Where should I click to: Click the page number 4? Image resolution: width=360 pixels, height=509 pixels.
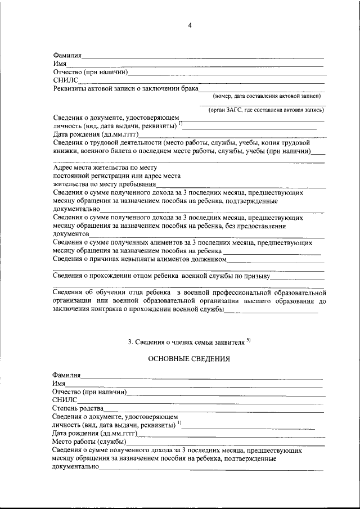click(190, 25)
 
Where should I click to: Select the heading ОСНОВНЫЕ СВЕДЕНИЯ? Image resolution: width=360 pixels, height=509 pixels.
click(189, 358)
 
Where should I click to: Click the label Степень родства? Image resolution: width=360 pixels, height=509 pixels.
click(78, 407)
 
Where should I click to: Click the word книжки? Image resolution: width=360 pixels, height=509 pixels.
click(67, 151)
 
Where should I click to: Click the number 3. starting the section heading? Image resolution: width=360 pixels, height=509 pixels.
click(131, 341)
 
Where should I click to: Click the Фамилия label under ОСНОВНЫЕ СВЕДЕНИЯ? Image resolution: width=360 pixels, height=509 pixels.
click(67, 374)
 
